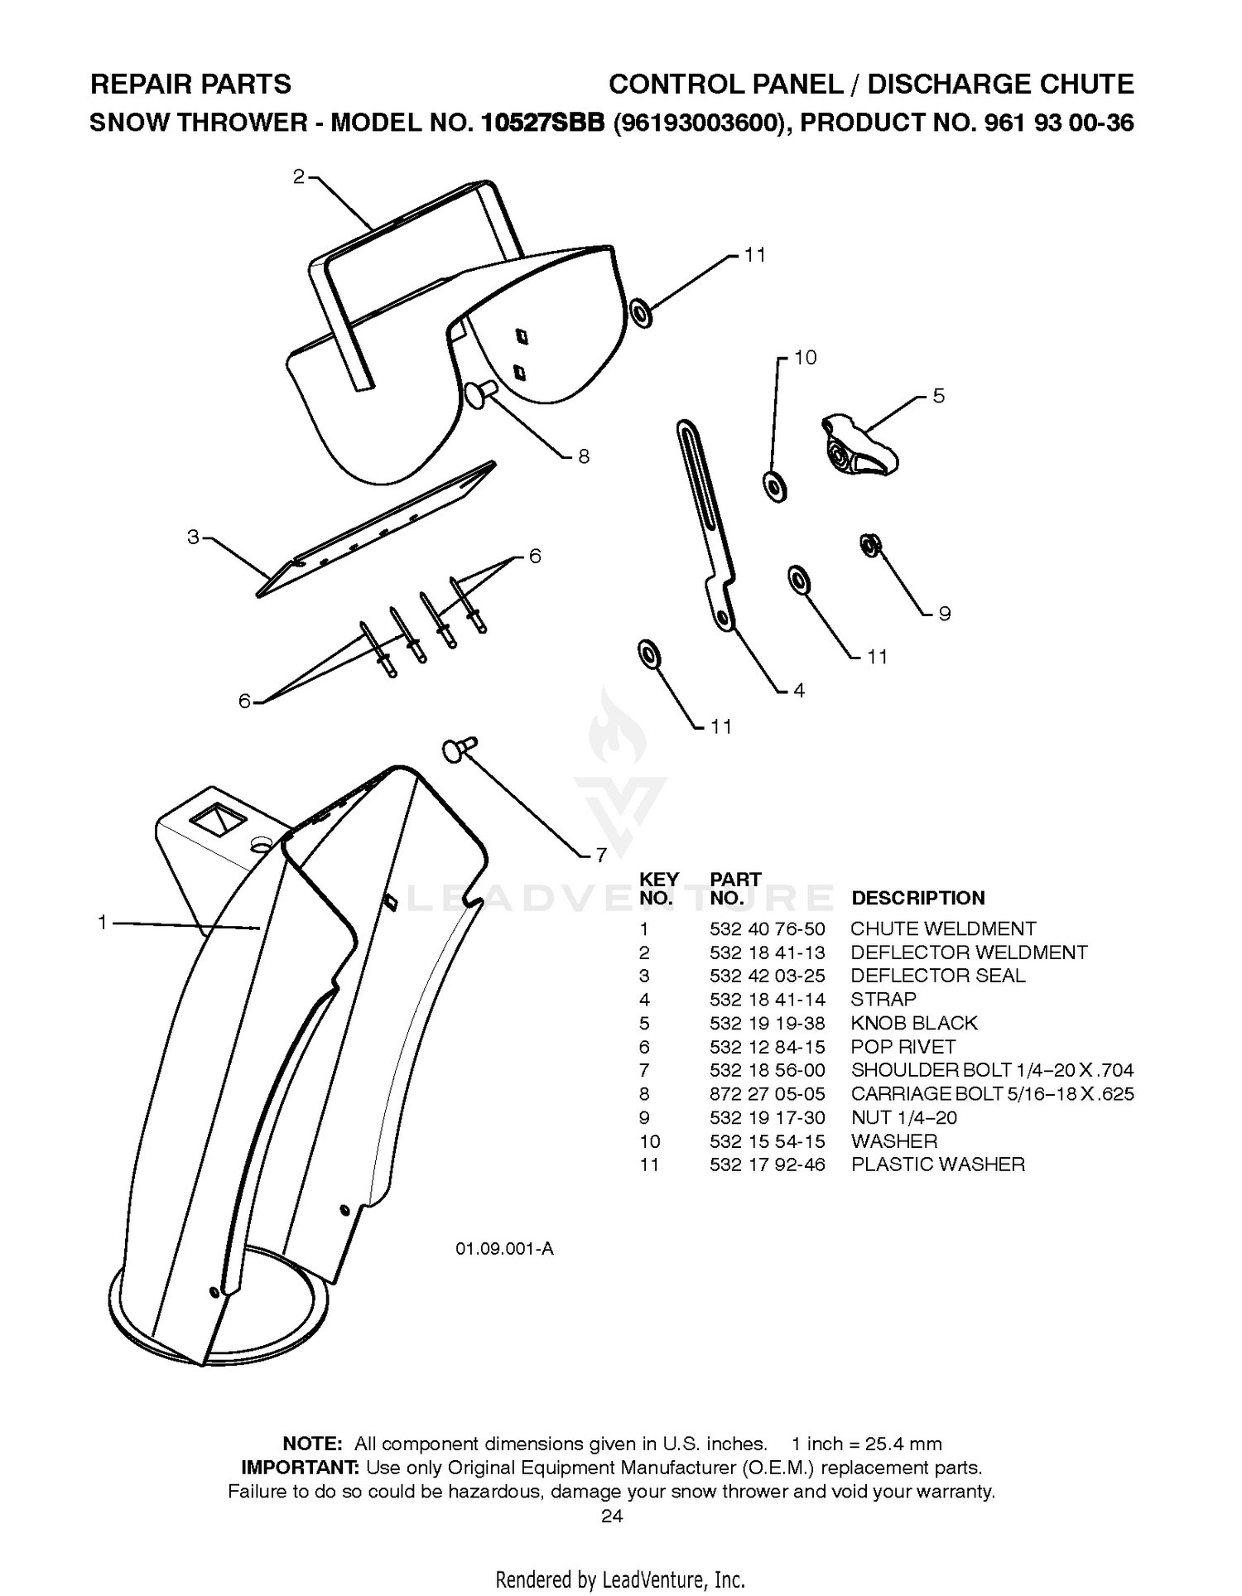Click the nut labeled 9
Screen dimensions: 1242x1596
pyautogui.click(x=870, y=545)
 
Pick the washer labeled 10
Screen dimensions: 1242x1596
pyautogui.click(x=774, y=486)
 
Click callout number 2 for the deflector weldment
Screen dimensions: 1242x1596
pyautogui.click(x=298, y=176)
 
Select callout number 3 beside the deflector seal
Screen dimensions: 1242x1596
pyautogui.click(x=193, y=537)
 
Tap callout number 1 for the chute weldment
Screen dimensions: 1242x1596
pyautogui.click(x=102, y=922)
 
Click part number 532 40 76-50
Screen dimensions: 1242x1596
pyautogui.click(x=767, y=929)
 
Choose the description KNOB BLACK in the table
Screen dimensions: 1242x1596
pyautogui.click(x=914, y=1023)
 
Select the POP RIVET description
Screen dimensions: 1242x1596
pyautogui.click(x=903, y=1047)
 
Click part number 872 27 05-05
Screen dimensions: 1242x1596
pyautogui.click(x=767, y=1094)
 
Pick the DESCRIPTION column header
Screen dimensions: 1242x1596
pyautogui.click(x=918, y=898)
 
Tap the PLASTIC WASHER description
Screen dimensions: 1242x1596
pyautogui.click(x=937, y=1164)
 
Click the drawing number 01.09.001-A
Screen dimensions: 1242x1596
pyautogui.click(x=504, y=1248)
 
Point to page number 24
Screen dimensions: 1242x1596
pyautogui.click(x=612, y=1516)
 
